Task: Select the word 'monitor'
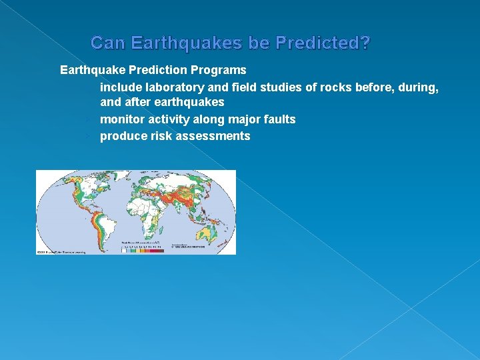point(121,119)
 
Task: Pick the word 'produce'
point(123,136)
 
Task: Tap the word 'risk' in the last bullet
point(161,136)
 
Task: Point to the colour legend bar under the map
point(142,250)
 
